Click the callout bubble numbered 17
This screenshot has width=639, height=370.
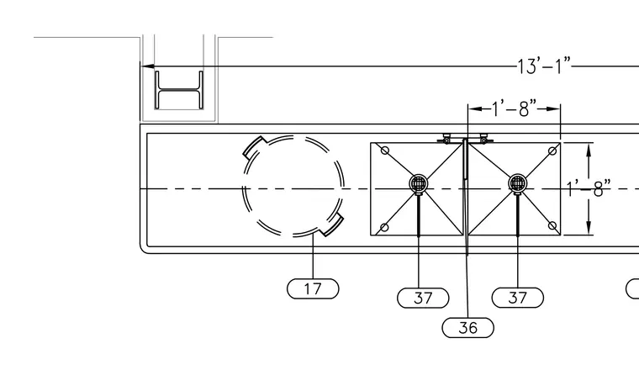(313, 289)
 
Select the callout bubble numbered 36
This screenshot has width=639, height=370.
(467, 328)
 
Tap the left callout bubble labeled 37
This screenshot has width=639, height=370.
(423, 298)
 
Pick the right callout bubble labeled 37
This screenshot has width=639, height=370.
(518, 298)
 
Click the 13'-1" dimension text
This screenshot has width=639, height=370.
(544, 66)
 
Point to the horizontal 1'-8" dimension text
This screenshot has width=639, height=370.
(514, 108)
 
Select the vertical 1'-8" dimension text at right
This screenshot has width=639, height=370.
(589, 189)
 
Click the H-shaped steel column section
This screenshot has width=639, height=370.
(179, 90)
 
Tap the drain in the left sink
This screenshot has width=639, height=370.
(419, 183)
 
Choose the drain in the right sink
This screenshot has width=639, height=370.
(518, 183)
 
